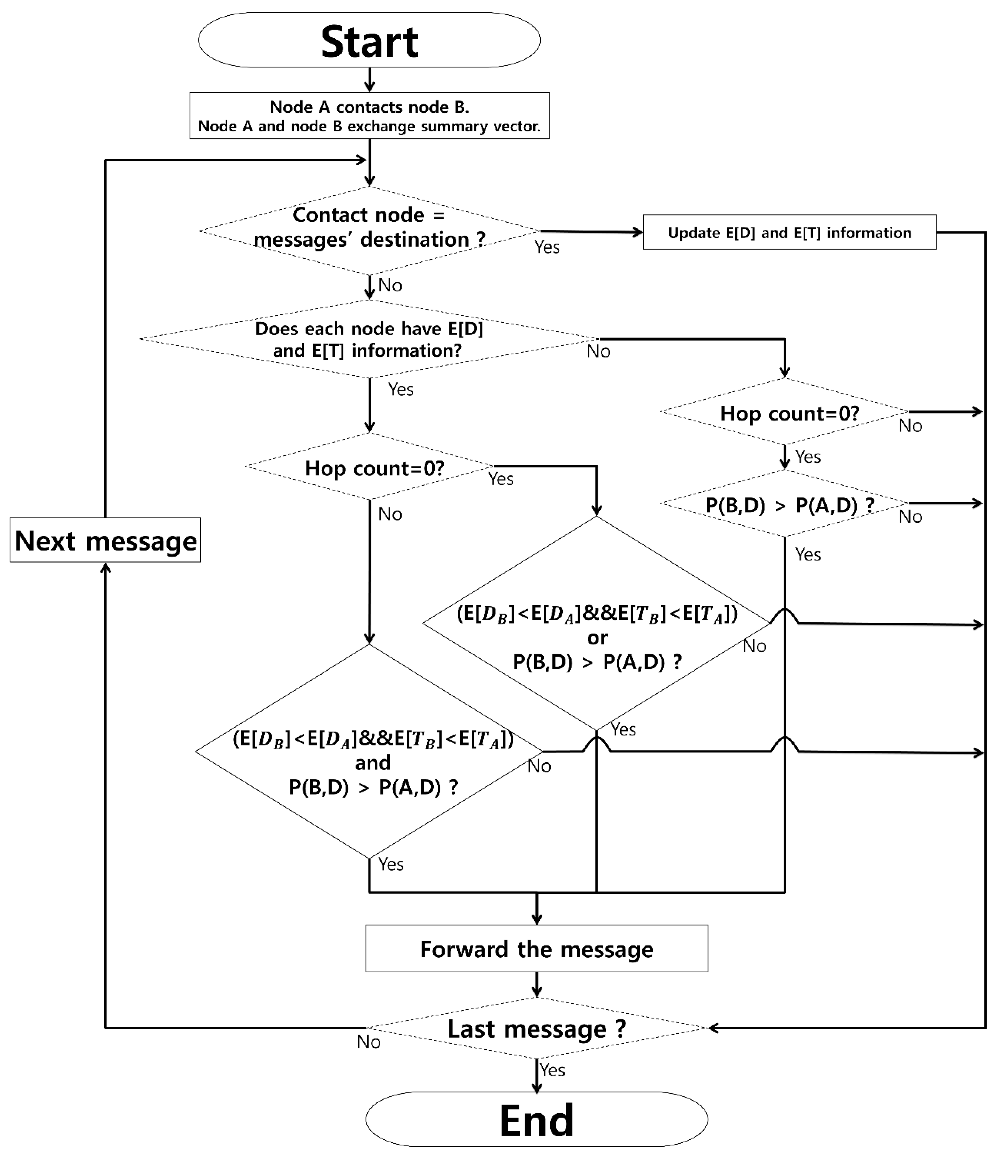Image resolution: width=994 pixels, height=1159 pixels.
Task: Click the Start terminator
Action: pos(369,40)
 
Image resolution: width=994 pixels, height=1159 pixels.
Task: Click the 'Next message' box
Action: pos(105,540)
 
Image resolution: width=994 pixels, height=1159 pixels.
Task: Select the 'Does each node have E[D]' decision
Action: pos(369,339)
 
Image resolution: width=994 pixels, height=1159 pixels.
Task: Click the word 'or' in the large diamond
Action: pos(596,638)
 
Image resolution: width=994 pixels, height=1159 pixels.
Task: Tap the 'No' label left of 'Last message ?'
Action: pos(369,1041)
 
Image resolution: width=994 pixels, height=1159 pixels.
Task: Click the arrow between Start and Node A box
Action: pos(369,80)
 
